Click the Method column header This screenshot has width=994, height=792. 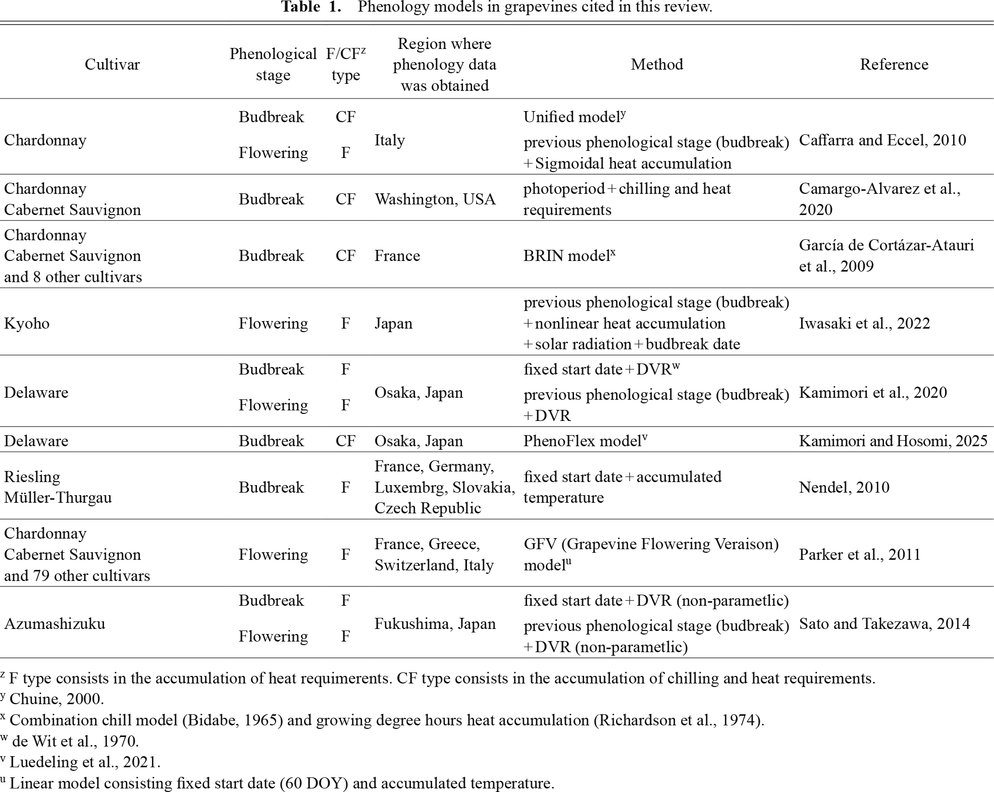click(657, 64)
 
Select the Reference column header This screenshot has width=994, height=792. click(894, 64)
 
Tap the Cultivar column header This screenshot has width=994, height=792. click(112, 64)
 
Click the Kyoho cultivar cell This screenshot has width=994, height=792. click(27, 323)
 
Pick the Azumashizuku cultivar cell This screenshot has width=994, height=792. click(55, 623)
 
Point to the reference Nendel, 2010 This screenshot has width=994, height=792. click(844, 487)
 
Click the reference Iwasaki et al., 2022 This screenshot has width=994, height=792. click(864, 323)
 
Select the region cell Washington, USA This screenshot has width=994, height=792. click(435, 199)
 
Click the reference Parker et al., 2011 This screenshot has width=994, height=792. click(860, 554)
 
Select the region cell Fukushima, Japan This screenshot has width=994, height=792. click(435, 623)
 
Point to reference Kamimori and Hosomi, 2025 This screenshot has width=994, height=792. click(893, 441)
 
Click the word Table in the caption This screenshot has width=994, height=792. click(300, 7)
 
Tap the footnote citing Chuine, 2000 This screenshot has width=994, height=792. click(56, 699)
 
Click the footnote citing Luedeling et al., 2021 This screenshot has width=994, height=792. click(84, 762)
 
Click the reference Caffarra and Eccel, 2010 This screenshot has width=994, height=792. click(882, 140)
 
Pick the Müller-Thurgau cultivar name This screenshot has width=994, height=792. click(58, 498)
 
